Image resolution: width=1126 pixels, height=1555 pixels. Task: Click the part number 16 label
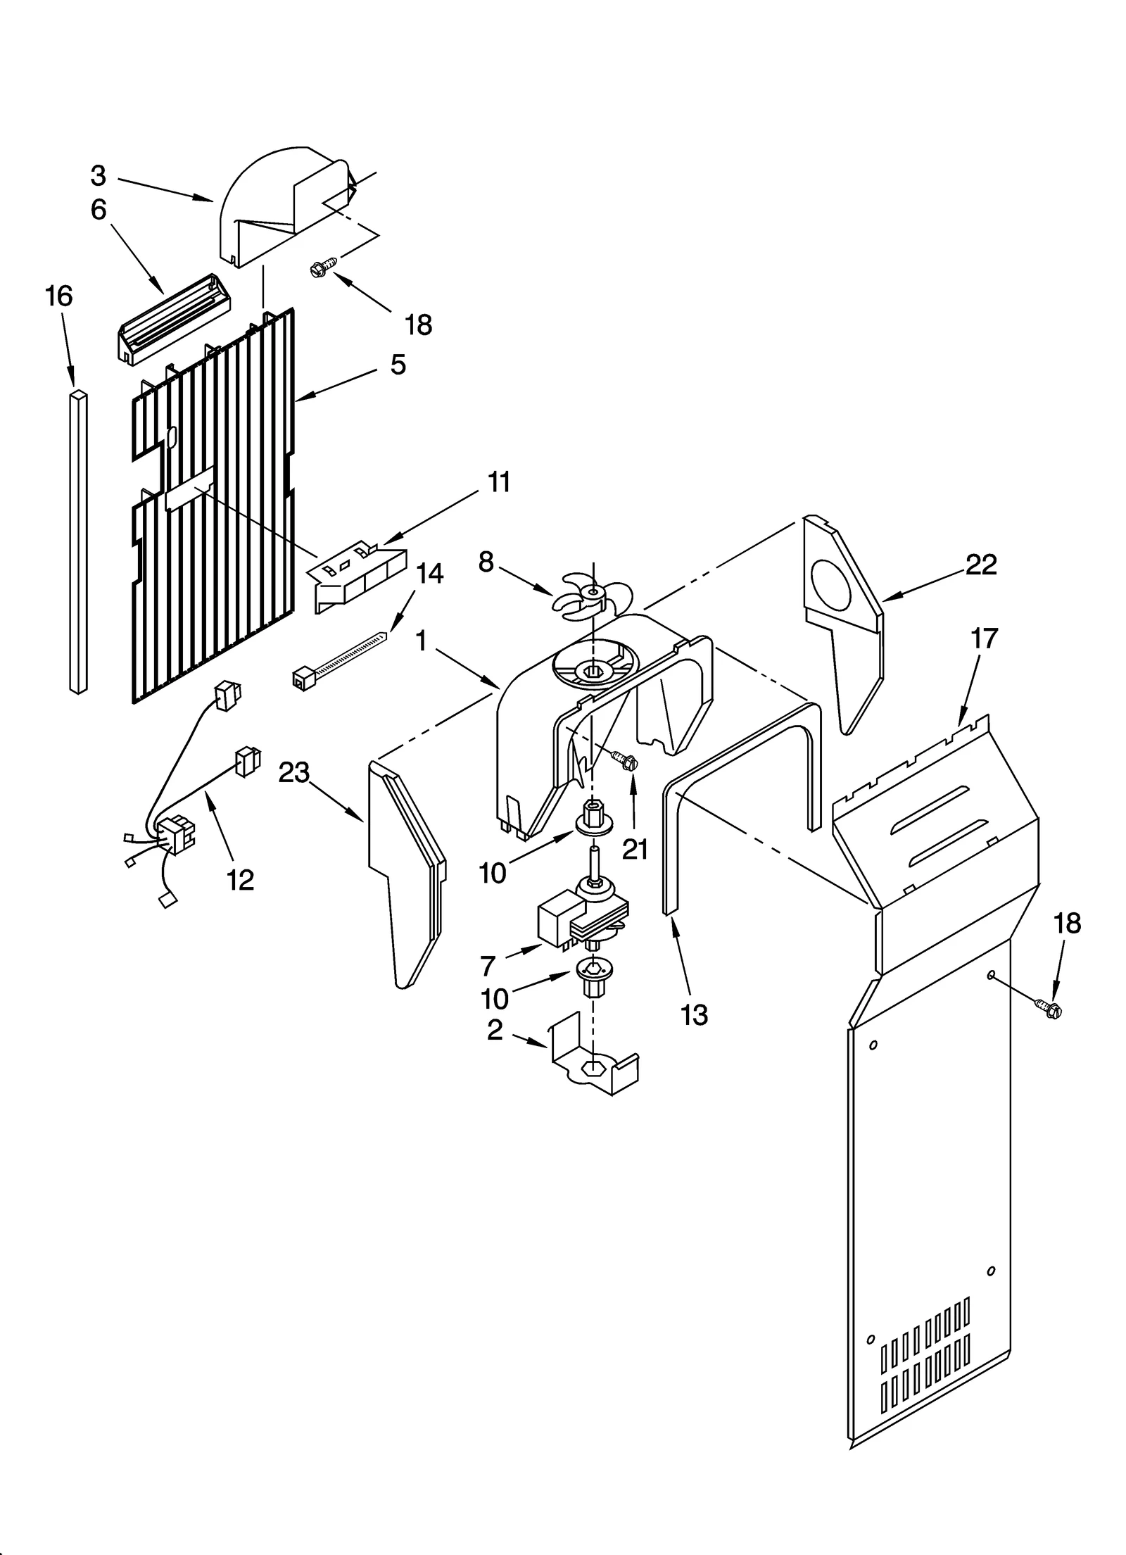tap(59, 296)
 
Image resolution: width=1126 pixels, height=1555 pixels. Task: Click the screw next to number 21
tap(623, 759)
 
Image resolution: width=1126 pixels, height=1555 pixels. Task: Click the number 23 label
tap(293, 772)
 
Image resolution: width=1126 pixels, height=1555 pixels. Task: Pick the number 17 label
tap(984, 638)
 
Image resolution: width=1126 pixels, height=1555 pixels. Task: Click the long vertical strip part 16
tap(79, 542)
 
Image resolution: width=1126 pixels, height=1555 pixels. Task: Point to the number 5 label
tap(398, 365)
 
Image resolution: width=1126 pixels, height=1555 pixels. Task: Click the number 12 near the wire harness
tap(240, 880)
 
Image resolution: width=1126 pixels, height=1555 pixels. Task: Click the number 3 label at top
tap(99, 176)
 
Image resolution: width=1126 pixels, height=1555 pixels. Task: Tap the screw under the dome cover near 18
tap(322, 267)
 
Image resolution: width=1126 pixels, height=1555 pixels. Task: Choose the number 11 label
tap(498, 483)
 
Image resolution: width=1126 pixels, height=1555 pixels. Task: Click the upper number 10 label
tap(492, 873)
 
